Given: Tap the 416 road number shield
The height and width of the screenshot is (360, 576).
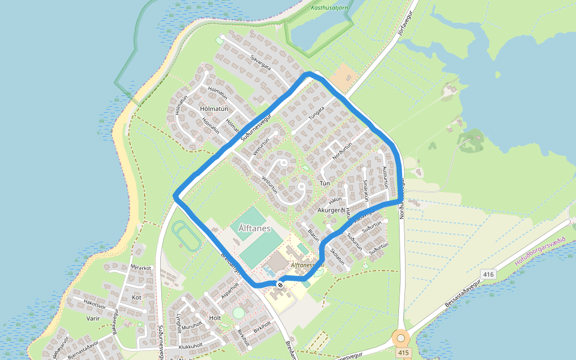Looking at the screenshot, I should click(488, 274).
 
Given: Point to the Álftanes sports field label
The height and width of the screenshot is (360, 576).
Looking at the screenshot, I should click(254, 229).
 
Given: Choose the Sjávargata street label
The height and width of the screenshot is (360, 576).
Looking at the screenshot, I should click(260, 59).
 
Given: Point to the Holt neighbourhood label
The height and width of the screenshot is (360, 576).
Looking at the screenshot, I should click(215, 317).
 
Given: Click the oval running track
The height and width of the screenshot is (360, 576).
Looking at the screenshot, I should click(188, 236).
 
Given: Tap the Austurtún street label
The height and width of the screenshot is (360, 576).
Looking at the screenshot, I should click(385, 178).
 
